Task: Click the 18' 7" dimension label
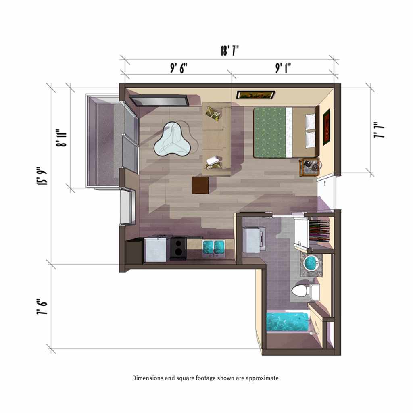click(x=229, y=51)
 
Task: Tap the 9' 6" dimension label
click(x=179, y=68)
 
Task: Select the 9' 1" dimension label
click(x=283, y=68)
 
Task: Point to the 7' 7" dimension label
click(x=379, y=130)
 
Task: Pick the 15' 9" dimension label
click(x=42, y=176)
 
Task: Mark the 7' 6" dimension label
click(x=42, y=307)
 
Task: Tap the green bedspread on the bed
click(x=270, y=132)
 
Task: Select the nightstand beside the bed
click(x=309, y=167)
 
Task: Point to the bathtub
click(x=288, y=321)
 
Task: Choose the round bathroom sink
click(x=312, y=263)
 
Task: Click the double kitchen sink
click(x=213, y=247)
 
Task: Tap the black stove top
click(x=178, y=248)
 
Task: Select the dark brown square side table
click(x=200, y=185)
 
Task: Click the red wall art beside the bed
click(x=327, y=127)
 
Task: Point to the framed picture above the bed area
click(x=255, y=95)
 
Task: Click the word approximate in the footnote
click(x=262, y=378)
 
